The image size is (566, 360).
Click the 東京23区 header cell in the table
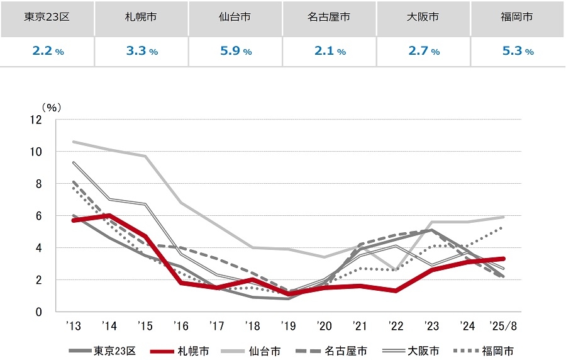click(x=47, y=18)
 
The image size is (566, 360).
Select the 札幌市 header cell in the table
click(x=141, y=18)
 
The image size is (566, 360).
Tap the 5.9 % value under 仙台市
click(x=235, y=52)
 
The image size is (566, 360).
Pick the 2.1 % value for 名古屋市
click(x=330, y=52)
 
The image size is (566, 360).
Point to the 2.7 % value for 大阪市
click(x=424, y=52)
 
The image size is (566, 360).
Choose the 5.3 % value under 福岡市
click(x=518, y=52)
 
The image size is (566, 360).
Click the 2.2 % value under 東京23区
click(x=47, y=52)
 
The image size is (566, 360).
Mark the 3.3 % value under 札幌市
click(x=141, y=52)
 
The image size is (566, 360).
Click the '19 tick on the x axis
click(x=289, y=326)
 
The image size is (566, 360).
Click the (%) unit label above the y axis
click(x=50, y=107)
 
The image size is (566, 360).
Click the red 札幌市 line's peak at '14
click(x=110, y=215)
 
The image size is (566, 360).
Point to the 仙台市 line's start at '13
click(x=74, y=142)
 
